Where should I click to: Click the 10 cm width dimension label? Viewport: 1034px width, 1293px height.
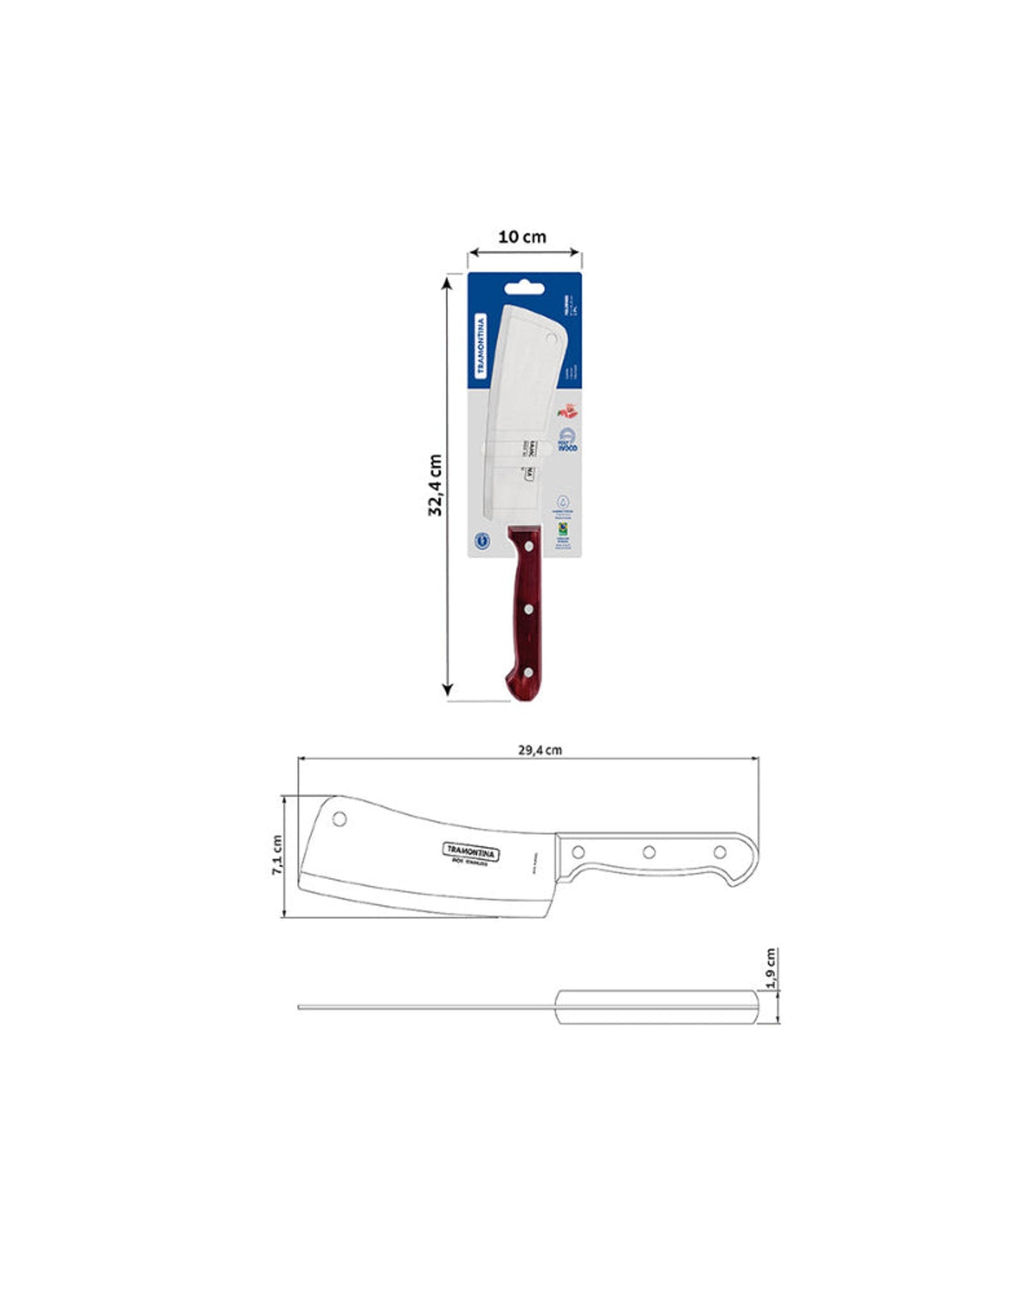tap(522, 236)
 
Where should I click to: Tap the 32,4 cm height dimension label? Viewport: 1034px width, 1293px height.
tap(435, 484)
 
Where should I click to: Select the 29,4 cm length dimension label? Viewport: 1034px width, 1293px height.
tap(540, 750)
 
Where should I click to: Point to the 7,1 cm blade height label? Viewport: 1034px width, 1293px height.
tap(277, 854)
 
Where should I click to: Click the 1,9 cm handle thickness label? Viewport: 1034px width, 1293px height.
tap(770, 969)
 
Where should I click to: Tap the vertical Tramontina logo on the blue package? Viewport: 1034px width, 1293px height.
tap(480, 346)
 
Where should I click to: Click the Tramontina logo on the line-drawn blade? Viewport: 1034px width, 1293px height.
tap(472, 851)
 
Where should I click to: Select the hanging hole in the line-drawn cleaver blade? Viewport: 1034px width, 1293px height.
tap(340, 818)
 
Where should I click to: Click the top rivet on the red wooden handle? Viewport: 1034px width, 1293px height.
tap(528, 547)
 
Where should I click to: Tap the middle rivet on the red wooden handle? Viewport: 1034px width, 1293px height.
tap(528, 610)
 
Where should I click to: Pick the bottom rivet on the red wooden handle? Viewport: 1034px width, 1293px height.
tap(528, 672)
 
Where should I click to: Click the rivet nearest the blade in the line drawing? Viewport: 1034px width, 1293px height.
tap(579, 852)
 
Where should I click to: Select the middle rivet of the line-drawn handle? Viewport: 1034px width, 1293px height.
tap(649, 852)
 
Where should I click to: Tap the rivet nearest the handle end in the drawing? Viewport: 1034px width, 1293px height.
tap(720, 852)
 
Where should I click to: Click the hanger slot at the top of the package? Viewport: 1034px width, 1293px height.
tap(524, 289)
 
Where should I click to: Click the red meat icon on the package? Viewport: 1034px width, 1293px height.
tap(567, 412)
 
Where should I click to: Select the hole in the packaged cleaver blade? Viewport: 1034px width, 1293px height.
tap(551, 338)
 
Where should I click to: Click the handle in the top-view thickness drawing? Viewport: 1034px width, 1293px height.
tap(656, 1007)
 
